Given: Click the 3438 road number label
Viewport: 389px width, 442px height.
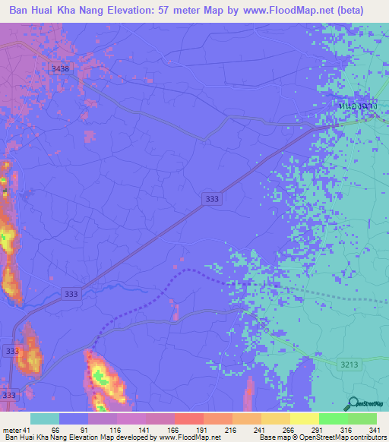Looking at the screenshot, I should pyautogui.click(x=59, y=68).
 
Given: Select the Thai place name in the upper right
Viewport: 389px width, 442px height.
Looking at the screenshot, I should pyautogui.click(x=356, y=106).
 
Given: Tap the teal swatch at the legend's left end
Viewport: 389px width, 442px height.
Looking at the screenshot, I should pyautogui.click(x=45, y=418).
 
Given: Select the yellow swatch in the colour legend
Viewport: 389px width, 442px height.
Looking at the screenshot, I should pyautogui.click(x=304, y=418).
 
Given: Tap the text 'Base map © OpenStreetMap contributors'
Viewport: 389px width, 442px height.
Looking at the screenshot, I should pyautogui.click(x=322, y=437).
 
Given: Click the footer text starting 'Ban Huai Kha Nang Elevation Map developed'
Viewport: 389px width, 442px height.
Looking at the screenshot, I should pyautogui.click(x=112, y=437).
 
